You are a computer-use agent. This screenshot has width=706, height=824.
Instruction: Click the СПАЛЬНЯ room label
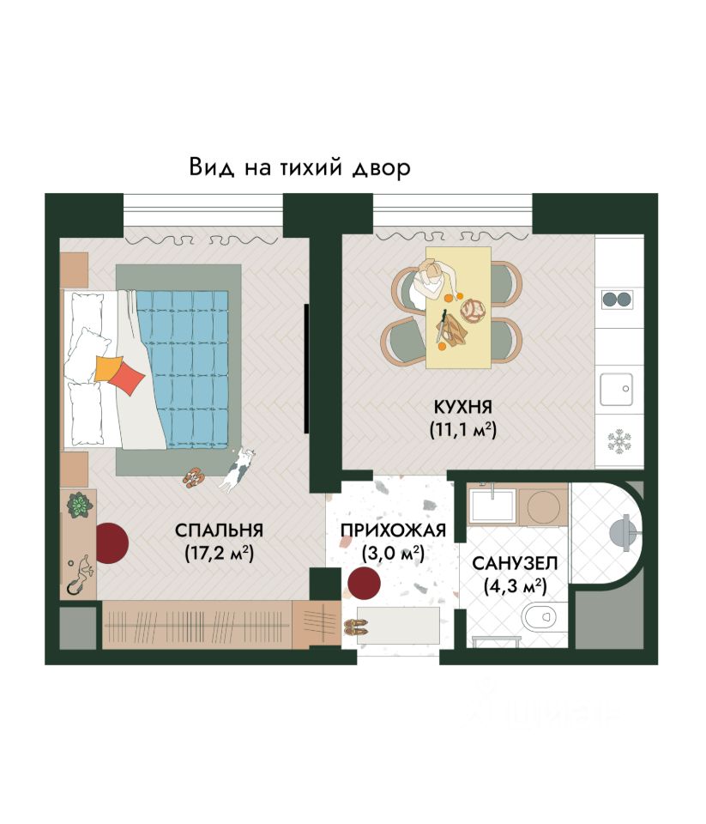tap(219, 530)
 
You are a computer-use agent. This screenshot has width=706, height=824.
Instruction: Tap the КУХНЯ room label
tap(462, 407)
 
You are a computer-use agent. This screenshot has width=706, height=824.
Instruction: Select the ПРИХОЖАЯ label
tap(393, 530)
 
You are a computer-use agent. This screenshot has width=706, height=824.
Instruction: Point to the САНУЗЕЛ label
tap(515, 563)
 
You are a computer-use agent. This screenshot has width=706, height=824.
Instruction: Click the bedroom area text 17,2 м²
tap(219, 554)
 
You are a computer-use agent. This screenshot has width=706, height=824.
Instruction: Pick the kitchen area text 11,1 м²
tap(462, 429)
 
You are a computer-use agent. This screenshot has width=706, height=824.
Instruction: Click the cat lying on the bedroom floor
tap(237, 470)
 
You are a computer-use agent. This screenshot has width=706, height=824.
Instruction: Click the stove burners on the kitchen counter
tap(618, 300)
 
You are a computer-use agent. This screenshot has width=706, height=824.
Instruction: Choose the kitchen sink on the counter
tap(616, 390)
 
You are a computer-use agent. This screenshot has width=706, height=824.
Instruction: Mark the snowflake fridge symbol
tap(619, 441)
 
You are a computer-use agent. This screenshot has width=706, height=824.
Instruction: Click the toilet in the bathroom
tap(540, 616)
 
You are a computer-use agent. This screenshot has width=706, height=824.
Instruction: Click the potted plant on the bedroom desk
tap(80, 505)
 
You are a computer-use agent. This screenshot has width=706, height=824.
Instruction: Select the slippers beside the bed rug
tap(194, 478)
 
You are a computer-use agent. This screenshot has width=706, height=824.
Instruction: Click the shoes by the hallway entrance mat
tap(356, 627)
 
